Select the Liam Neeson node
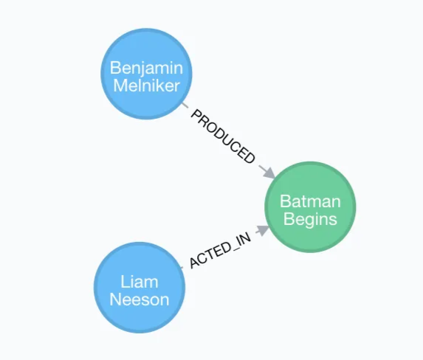click(x=140, y=290)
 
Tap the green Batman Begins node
click(x=310, y=210)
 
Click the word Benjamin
click(x=145, y=67)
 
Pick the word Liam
click(x=140, y=282)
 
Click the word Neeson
click(x=140, y=299)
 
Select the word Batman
click(x=310, y=201)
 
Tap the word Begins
click(x=310, y=218)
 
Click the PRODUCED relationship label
click(x=224, y=136)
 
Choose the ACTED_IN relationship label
click(x=220, y=251)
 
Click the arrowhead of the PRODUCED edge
click(x=269, y=173)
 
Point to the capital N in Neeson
click(x=115, y=299)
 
